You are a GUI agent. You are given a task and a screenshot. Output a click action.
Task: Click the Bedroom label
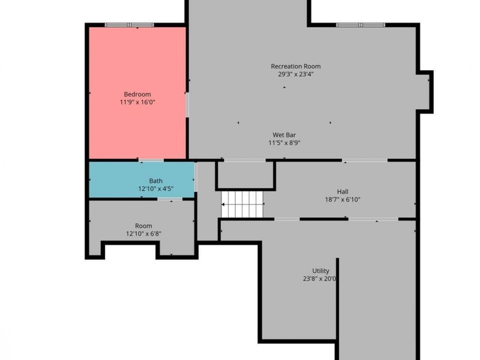[137, 94]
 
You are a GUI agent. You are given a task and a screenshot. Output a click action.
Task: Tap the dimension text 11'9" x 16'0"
[137, 102]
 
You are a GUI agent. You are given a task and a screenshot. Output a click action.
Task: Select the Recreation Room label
[296, 66]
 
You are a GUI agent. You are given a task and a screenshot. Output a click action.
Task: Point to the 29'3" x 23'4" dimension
[296, 74]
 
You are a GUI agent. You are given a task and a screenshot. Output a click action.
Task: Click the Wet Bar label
[284, 135]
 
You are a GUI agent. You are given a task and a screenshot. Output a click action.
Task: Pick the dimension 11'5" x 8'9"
[284, 143]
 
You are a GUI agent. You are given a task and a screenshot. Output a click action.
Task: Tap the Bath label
[156, 181]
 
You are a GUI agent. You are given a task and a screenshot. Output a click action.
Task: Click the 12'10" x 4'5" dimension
[156, 188]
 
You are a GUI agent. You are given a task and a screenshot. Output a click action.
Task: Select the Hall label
[343, 192]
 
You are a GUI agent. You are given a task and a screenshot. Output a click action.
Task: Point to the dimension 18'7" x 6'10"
[343, 200]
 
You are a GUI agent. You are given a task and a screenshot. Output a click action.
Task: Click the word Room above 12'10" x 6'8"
[143, 226]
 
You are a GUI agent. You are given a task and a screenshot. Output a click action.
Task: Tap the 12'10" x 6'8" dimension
[143, 234]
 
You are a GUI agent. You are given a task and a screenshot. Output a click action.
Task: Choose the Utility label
[321, 271]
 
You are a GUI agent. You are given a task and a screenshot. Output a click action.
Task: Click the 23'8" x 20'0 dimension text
[320, 279]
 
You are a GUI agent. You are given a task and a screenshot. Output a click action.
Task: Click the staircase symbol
[242, 205]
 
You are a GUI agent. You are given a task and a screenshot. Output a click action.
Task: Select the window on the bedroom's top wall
[129, 25]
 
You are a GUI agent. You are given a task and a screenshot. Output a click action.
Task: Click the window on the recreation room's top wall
[361, 25]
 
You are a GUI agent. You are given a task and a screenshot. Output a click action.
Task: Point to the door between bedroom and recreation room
[187, 104]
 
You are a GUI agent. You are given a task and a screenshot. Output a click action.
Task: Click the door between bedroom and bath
[151, 160]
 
